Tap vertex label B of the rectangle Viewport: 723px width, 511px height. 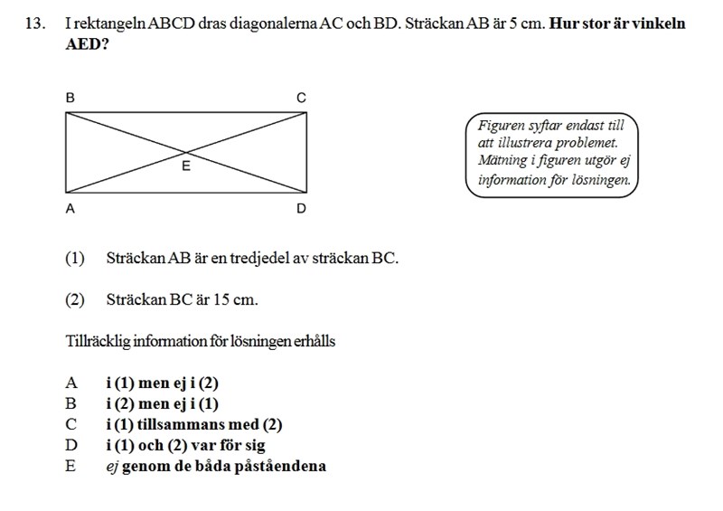70,97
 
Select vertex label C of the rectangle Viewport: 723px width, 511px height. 302,97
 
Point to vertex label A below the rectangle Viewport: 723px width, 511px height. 70,209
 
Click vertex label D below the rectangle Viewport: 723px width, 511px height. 302,209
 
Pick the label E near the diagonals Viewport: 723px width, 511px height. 186,166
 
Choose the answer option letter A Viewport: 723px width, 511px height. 71,383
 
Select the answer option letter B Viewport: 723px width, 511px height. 71,403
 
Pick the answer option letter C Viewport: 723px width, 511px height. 71,424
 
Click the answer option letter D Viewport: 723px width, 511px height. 71,445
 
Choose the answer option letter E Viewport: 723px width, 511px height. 71,467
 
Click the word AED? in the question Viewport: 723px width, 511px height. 88,43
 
